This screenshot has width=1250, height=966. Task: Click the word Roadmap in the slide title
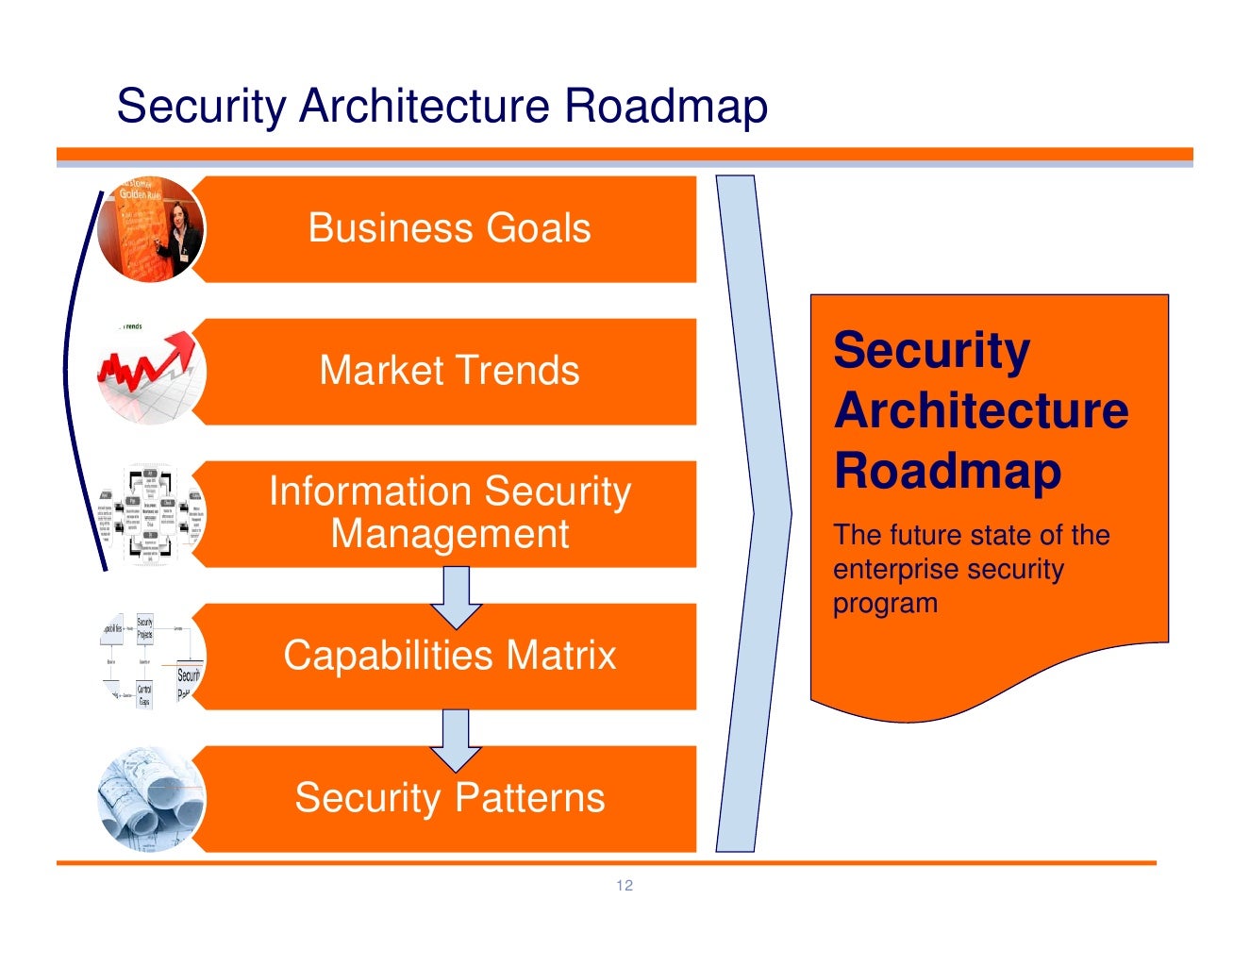(666, 106)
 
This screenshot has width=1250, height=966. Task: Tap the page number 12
(625, 885)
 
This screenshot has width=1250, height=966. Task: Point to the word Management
(450, 534)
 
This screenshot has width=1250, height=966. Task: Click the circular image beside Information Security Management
(150, 514)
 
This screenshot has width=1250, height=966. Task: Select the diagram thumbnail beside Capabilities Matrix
(151, 658)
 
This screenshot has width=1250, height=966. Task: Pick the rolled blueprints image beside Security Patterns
(151, 799)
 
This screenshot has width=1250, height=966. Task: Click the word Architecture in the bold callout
(981, 410)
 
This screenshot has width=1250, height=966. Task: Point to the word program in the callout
(885, 604)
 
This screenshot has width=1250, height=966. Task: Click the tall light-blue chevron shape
(755, 514)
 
